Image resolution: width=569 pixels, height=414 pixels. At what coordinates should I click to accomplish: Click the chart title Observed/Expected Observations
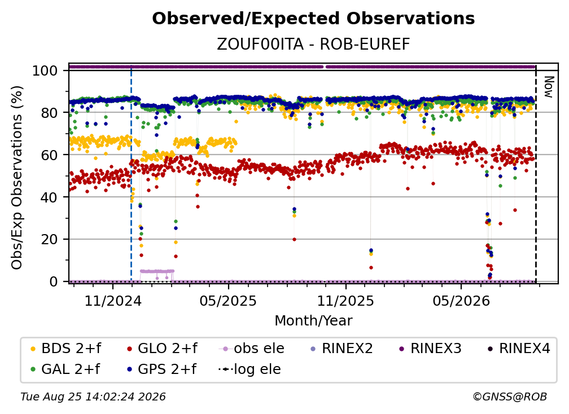313,19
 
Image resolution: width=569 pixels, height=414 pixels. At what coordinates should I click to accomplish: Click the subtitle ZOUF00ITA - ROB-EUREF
313,45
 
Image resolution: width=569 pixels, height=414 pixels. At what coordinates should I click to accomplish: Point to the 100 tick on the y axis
45,71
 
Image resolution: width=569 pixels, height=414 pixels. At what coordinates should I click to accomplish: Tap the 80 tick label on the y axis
49,113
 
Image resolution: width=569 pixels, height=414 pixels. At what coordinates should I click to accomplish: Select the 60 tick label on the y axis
49,155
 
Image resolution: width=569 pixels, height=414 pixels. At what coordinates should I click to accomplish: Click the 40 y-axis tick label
49,197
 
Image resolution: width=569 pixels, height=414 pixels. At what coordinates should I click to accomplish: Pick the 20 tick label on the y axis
49,239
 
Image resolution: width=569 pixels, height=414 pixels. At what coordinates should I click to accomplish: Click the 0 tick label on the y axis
53,281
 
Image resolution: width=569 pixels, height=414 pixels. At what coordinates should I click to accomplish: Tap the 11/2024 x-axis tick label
113,301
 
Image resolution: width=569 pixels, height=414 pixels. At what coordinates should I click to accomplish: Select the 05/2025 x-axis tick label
228,301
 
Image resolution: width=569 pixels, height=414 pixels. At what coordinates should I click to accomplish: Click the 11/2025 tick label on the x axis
345,301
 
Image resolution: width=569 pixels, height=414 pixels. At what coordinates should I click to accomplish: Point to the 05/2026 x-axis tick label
461,301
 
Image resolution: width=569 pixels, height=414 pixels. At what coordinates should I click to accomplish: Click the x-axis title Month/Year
313,320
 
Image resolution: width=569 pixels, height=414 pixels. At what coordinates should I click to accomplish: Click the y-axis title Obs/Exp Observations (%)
17,178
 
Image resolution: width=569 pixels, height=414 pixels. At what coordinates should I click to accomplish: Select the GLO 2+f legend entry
162,349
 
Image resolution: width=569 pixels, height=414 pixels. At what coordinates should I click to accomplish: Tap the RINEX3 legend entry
430,349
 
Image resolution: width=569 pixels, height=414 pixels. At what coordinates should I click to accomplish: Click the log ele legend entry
250,369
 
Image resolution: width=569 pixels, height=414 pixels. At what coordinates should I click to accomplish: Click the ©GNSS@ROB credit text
510,397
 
